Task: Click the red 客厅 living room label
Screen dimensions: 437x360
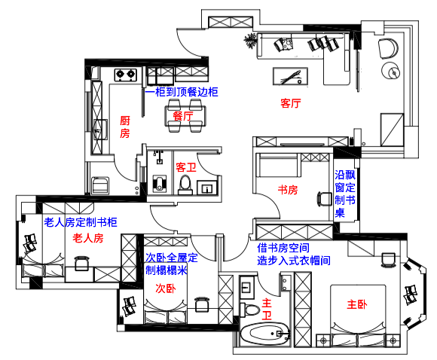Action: click(291, 103)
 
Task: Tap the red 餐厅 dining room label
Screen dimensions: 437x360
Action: click(183, 116)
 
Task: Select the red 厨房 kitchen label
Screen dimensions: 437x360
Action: click(125, 127)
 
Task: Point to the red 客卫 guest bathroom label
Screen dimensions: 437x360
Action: click(186, 167)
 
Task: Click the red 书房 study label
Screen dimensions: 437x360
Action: click(288, 190)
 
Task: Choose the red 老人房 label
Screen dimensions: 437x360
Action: click(88, 238)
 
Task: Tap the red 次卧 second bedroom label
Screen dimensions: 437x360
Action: click(166, 288)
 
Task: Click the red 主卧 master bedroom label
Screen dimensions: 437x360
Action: click(356, 304)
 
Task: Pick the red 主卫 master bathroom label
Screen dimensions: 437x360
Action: click(267, 309)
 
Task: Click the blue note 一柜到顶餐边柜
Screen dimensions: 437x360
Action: click(182, 92)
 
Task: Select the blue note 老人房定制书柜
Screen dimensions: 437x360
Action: click(81, 222)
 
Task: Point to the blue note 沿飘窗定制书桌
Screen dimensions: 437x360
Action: click(345, 194)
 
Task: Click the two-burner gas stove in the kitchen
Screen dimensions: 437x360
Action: click(126, 75)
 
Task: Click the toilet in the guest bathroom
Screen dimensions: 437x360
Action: click(185, 185)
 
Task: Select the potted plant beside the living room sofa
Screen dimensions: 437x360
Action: click(250, 41)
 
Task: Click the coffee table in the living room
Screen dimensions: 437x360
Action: click(290, 76)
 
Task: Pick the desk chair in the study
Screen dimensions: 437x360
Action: click(323, 199)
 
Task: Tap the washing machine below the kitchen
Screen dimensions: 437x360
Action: click(100, 185)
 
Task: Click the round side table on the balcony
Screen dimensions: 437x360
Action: click(391, 71)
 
